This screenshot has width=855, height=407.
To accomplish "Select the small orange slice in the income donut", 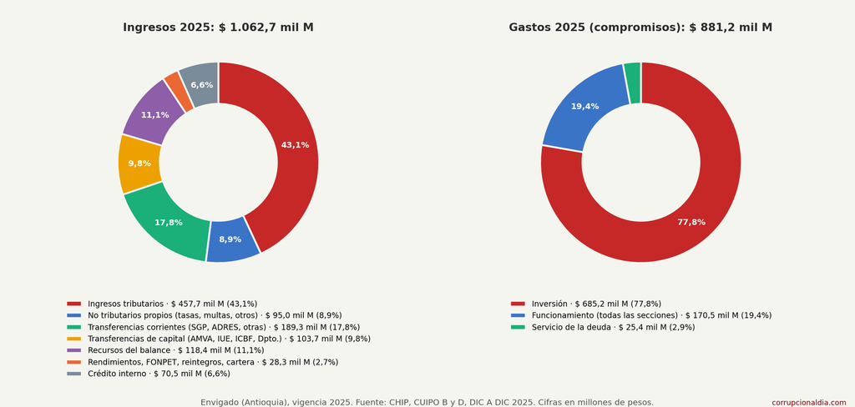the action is coord(178,90).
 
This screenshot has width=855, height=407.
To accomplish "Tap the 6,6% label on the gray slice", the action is coord(202,85).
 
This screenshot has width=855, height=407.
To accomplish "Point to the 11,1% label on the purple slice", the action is coord(154,115).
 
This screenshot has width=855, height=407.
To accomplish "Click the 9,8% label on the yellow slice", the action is coord(139,163).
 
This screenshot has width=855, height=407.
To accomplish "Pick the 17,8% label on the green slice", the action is coord(169,223).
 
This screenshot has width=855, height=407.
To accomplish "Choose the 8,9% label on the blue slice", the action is coord(230,239).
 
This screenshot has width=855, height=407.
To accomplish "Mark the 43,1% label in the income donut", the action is coord(295,145).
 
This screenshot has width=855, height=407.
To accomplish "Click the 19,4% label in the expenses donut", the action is coord(585,106).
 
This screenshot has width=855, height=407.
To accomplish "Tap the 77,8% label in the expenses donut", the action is coord(691,223).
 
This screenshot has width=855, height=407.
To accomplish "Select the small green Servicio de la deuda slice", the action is coord(633,83).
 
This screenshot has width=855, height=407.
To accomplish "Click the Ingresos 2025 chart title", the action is coord(218,28).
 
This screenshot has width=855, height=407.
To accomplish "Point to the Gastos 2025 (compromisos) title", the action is coord(640,28).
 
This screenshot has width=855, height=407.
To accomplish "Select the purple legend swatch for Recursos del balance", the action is coord(73,350).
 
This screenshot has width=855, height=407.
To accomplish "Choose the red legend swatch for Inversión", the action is coord(518,304).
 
